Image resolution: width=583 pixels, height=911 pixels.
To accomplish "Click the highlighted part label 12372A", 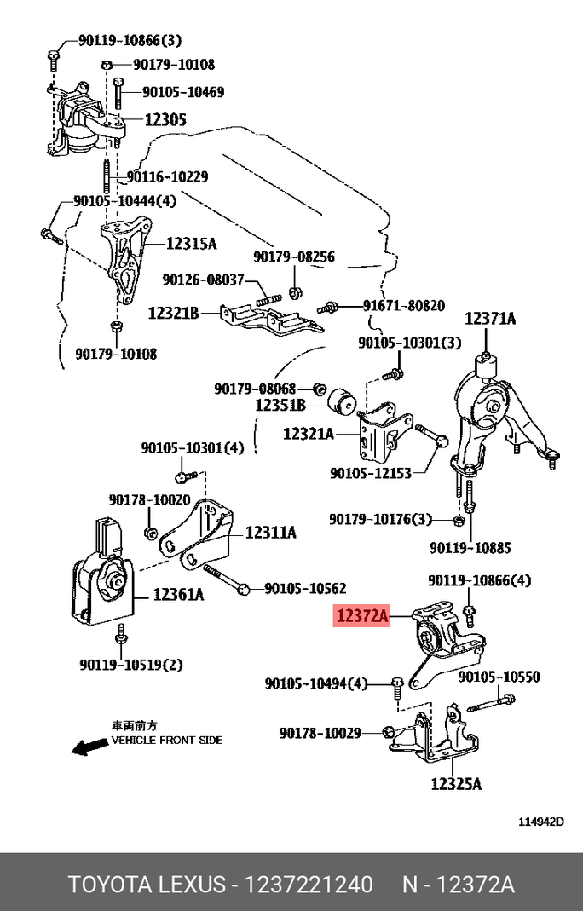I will (x=361, y=615).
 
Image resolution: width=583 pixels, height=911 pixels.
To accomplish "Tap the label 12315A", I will (x=191, y=244).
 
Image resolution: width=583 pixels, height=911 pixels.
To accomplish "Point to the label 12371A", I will (x=490, y=319).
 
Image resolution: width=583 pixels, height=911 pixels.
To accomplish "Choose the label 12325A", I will (x=456, y=783).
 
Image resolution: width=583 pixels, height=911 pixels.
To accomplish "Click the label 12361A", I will (x=178, y=595).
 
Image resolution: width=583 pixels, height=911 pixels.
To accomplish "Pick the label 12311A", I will (x=270, y=533).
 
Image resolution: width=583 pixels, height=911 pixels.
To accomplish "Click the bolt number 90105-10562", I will (x=305, y=588).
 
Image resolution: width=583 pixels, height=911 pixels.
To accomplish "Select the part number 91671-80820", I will (x=403, y=305).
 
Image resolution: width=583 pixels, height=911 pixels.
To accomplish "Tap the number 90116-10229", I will (x=167, y=177).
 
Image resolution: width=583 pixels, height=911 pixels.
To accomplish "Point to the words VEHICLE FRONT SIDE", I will (x=167, y=740).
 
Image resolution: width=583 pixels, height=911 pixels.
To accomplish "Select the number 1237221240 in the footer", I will (x=309, y=885).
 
